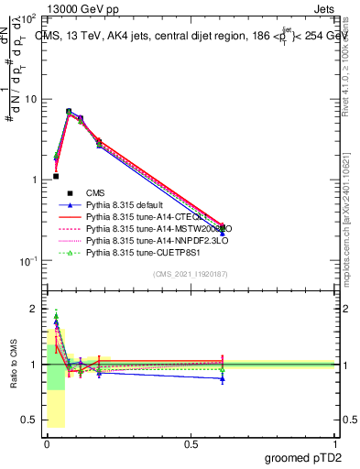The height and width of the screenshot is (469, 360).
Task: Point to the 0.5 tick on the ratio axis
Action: coord(30,420)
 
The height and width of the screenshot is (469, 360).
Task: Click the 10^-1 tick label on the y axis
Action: coord(27,261)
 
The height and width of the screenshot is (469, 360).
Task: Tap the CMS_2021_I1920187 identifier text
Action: coord(191,273)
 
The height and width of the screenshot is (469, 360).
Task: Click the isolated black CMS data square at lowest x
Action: coord(56,176)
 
